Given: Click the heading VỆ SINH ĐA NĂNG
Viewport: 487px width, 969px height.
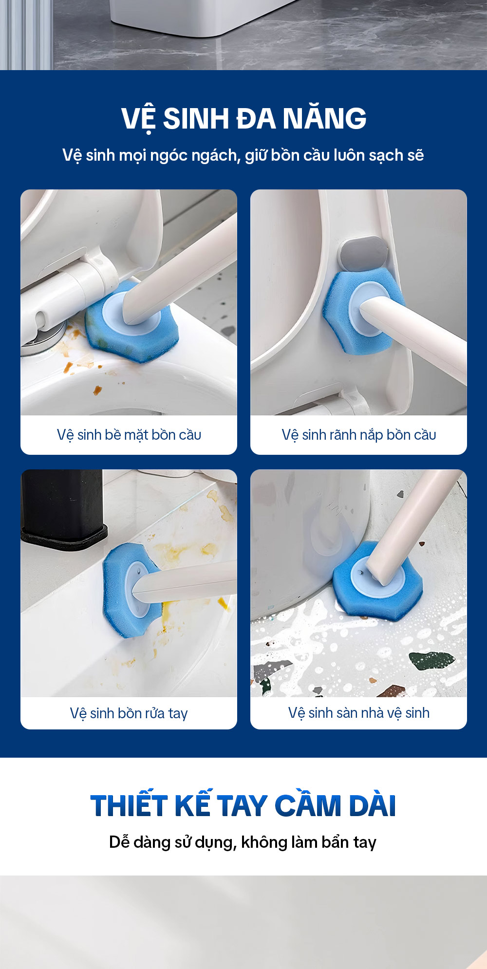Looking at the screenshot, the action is point(243,118).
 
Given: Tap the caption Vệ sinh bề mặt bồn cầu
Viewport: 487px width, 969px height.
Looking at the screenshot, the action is point(129,434).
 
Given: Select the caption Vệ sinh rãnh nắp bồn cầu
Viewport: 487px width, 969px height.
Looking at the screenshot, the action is point(359,434).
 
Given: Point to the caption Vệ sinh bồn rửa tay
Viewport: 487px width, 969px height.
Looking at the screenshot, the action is point(129,713).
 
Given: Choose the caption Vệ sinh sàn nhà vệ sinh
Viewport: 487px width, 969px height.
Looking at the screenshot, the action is point(359,713).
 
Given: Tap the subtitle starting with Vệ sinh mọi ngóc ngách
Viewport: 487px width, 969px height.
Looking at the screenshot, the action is point(243,155).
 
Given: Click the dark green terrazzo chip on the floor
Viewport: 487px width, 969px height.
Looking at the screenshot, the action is point(431,661).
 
